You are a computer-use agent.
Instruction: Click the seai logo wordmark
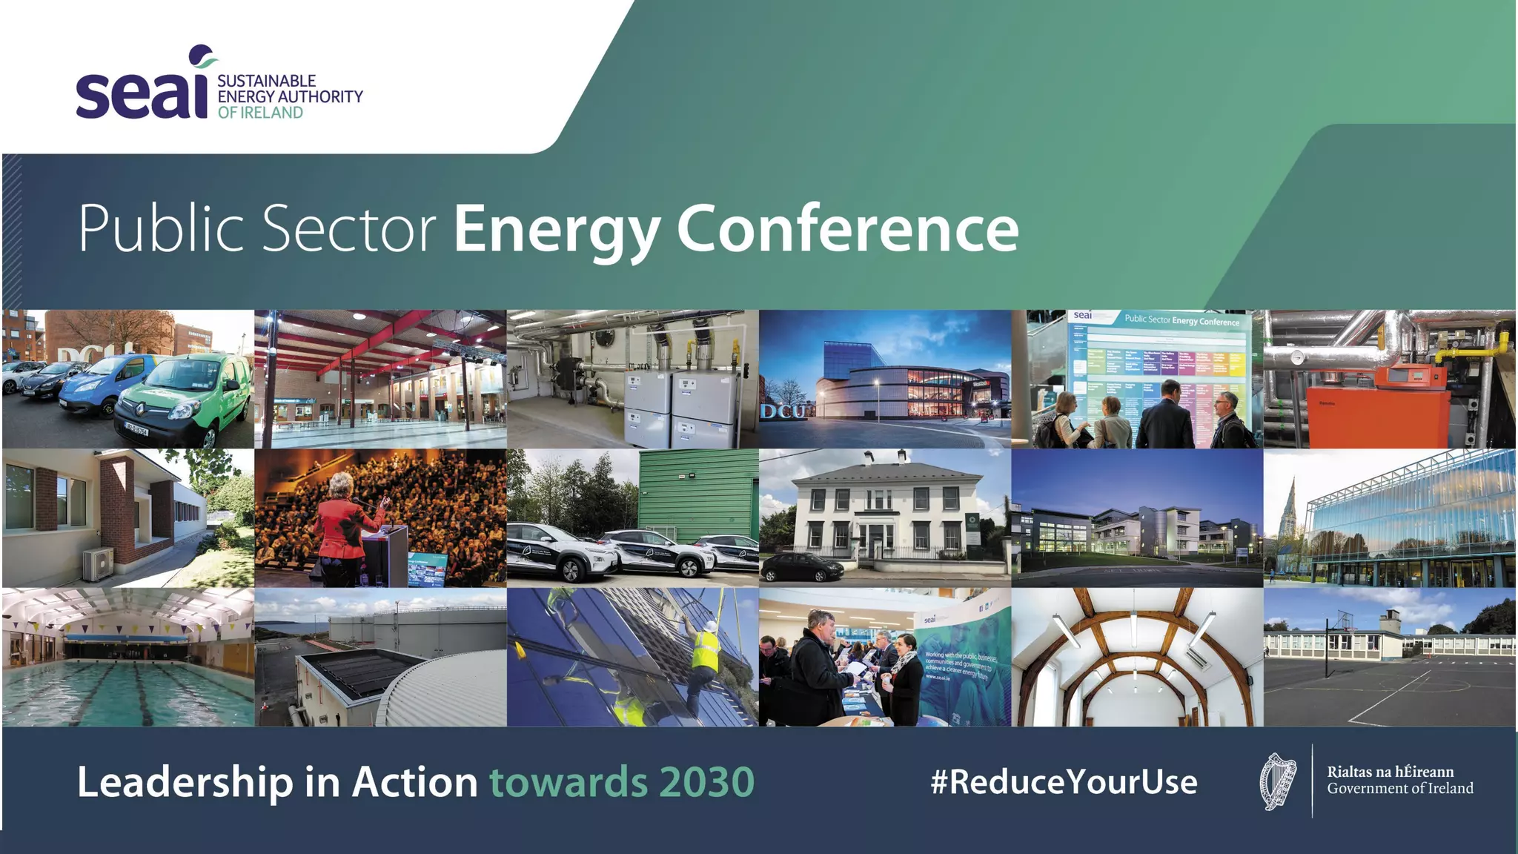pos(141,93)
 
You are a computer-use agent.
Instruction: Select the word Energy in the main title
pos(557,231)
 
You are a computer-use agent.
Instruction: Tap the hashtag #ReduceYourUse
pos(1064,782)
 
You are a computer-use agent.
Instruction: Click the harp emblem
pos(1278,781)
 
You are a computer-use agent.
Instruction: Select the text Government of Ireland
pos(1399,789)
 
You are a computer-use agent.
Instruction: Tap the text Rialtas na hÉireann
pos(1390,772)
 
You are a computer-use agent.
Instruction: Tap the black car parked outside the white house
pos(802,567)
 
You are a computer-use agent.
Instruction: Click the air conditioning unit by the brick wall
pos(98,563)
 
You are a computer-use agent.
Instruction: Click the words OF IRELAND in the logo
pos(260,113)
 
